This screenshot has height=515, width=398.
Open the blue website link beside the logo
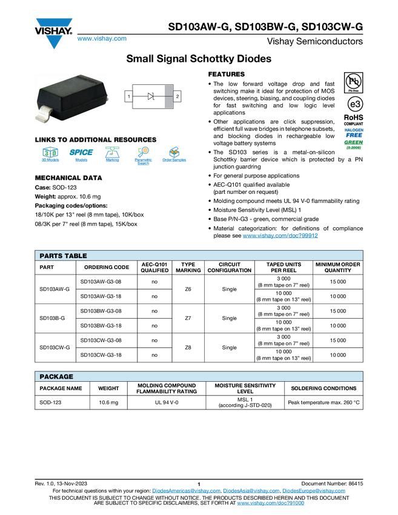(x=102, y=39)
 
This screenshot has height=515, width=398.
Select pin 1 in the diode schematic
(x=129, y=96)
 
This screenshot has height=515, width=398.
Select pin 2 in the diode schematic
(x=177, y=96)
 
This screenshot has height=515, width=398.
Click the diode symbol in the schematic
(x=151, y=96)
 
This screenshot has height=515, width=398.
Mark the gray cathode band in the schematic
(x=168, y=96)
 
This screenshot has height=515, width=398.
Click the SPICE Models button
(x=81, y=155)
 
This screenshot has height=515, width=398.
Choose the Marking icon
(x=112, y=155)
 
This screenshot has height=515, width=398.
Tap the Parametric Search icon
(x=144, y=155)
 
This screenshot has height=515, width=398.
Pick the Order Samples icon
(x=174, y=155)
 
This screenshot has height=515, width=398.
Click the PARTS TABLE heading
(x=63, y=256)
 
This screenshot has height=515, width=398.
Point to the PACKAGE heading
(x=56, y=377)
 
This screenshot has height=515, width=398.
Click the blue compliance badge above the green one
(x=354, y=132)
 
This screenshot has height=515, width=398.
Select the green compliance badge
(x=354, y=144)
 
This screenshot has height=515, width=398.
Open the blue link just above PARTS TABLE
(x=280, y=235)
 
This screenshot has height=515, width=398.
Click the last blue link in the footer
(x=270, y=503)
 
